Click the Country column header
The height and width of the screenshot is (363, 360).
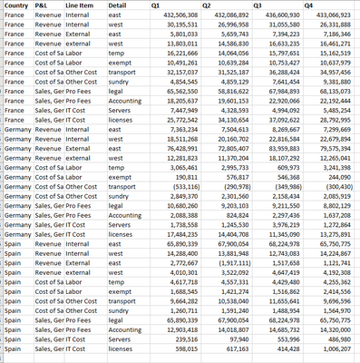[x=15, y=5]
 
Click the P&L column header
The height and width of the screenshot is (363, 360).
[x=42, y=5]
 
